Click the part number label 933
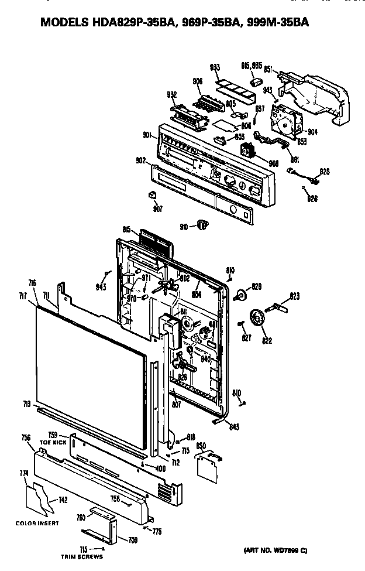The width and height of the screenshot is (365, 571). (x=215, y=68)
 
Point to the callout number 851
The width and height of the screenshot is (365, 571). (x=268, y=69)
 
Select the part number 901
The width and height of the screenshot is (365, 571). (x=148, y=136)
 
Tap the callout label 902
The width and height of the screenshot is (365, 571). (x=140, y=160)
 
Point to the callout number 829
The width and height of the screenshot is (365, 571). (x=256, y=286)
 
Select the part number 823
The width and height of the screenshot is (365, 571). (x=294, y=297)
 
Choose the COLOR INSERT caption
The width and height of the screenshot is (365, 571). (x=37, y=523)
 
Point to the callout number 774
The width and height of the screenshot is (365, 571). (x=25, y=473)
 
